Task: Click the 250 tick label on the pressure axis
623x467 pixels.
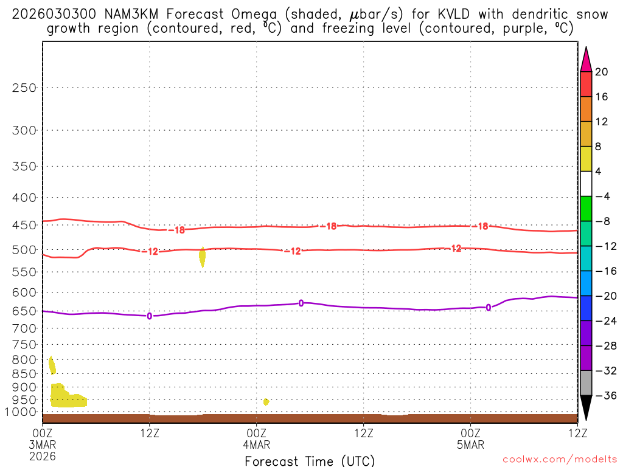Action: (x=25, y=88)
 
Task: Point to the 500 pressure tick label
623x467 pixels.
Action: (x=25, y=250)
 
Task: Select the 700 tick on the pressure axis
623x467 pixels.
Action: (x=25, y=328)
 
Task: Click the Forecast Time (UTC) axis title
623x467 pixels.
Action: (x=310, y=460)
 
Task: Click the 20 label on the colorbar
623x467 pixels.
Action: (x=601, y=72)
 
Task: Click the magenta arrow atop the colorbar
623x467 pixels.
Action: (x=586, y=60)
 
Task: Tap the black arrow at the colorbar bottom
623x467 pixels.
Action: (x=586, y=407)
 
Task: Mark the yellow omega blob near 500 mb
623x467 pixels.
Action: (x=202, y=257)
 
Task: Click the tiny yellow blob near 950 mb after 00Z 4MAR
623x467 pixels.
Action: (x=266, y=401)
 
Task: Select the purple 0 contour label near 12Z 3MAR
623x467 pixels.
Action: (x=149, y=316)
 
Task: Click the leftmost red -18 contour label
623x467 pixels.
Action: (x=179, y=230)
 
